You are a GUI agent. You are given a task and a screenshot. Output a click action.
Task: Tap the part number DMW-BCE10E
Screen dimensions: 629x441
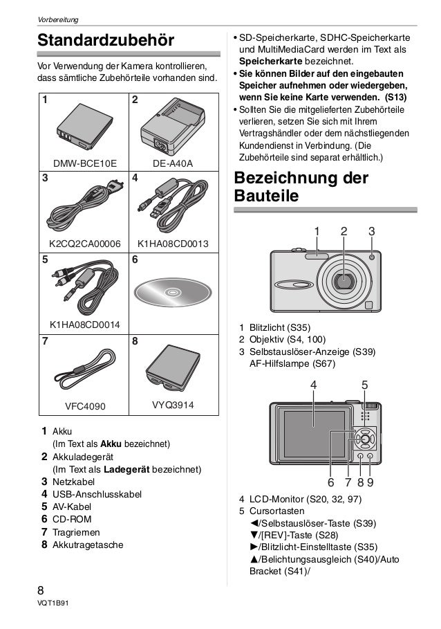point(85,163)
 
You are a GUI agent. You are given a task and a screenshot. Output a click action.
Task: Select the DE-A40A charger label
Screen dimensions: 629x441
point(173,163)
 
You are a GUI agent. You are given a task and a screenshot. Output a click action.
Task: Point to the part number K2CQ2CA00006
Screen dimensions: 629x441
point(85,244)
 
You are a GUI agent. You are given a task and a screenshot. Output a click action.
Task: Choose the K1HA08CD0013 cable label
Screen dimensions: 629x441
point(173,244)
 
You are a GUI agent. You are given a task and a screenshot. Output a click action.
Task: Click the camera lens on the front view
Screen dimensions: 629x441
point(341,280)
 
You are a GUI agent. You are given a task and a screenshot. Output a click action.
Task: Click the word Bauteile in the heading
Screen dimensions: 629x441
point(267,197)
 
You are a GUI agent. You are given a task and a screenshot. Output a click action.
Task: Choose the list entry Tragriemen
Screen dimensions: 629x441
point(77,532)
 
